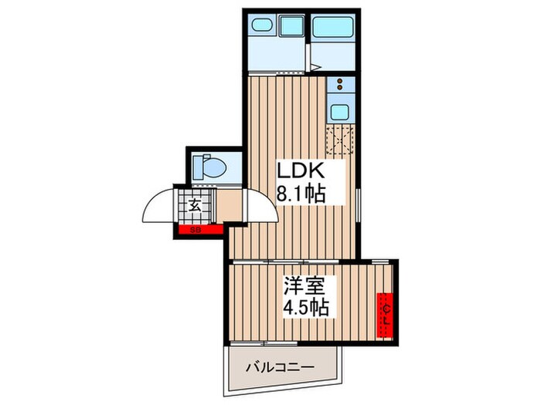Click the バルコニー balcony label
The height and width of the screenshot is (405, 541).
click(281, 367)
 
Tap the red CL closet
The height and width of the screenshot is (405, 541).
click(385, 315)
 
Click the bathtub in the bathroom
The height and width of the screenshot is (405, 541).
click(334, 25)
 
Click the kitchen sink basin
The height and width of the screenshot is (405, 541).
click(339, 112)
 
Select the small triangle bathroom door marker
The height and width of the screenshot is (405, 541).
click(316, 67)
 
